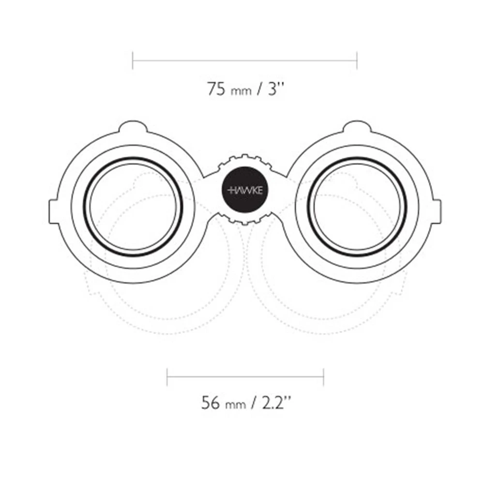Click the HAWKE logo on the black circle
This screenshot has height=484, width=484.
245,190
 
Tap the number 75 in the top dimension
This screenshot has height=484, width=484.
216,89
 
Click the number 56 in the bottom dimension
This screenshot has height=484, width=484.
211,403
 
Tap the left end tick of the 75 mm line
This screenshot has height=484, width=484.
133,60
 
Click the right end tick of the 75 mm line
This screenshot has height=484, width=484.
357,60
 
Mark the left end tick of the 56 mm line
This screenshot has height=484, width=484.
167,377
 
